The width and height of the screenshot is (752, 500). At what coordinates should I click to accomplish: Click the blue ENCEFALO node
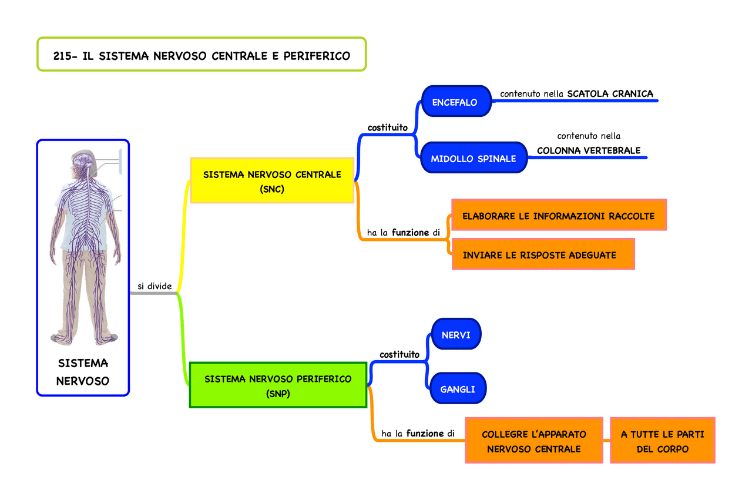pyautogui.click(x=455, y=102)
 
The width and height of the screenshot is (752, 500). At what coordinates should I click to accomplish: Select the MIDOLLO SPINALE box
pyautogui.click(x=473, y=158)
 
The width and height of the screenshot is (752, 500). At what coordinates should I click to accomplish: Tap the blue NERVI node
pyautogui.click(x=455, y=335)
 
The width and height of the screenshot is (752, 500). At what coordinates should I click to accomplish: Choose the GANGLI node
pyautogui.click(x=457, y=388)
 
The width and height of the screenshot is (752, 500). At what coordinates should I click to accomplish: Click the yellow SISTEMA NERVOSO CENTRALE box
pyautogui.click(x=272, y=181)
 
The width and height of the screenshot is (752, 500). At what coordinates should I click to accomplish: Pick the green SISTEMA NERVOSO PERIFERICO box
pyautogui.click(x=278, y=385)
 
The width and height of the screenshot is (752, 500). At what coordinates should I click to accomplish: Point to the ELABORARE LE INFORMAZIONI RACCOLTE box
pyautogui.click(x=558, y=216)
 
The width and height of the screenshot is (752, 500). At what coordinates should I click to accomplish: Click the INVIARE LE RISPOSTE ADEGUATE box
pyautogui.click(x=542, y=254)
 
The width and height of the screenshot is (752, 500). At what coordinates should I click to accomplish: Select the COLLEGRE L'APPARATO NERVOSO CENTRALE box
pyautogui.click(x=533, y=441)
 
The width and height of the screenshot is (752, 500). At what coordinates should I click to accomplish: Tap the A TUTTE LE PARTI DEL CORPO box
pyautogui.click(x=662, y=441)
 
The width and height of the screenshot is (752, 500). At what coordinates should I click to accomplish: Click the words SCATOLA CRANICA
pyautogui.click(x=610, y=93)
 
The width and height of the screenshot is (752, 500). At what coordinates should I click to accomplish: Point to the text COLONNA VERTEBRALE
pyautogui.click(x=589, y=150)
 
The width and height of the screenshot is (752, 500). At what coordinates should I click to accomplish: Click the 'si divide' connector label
pyautogui.click(x=155, y=286)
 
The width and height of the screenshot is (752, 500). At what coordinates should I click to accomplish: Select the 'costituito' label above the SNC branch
pyautogui.click(x=387, y=127)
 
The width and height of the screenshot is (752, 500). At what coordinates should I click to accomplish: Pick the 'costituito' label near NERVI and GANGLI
pyautogui.click(x=399, y=354)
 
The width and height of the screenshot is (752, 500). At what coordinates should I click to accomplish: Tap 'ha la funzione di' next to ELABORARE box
pyautogui.click(x=404, y=233)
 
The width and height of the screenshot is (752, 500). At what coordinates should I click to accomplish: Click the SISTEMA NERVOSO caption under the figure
pyautogui.click(x=83, y=371)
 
